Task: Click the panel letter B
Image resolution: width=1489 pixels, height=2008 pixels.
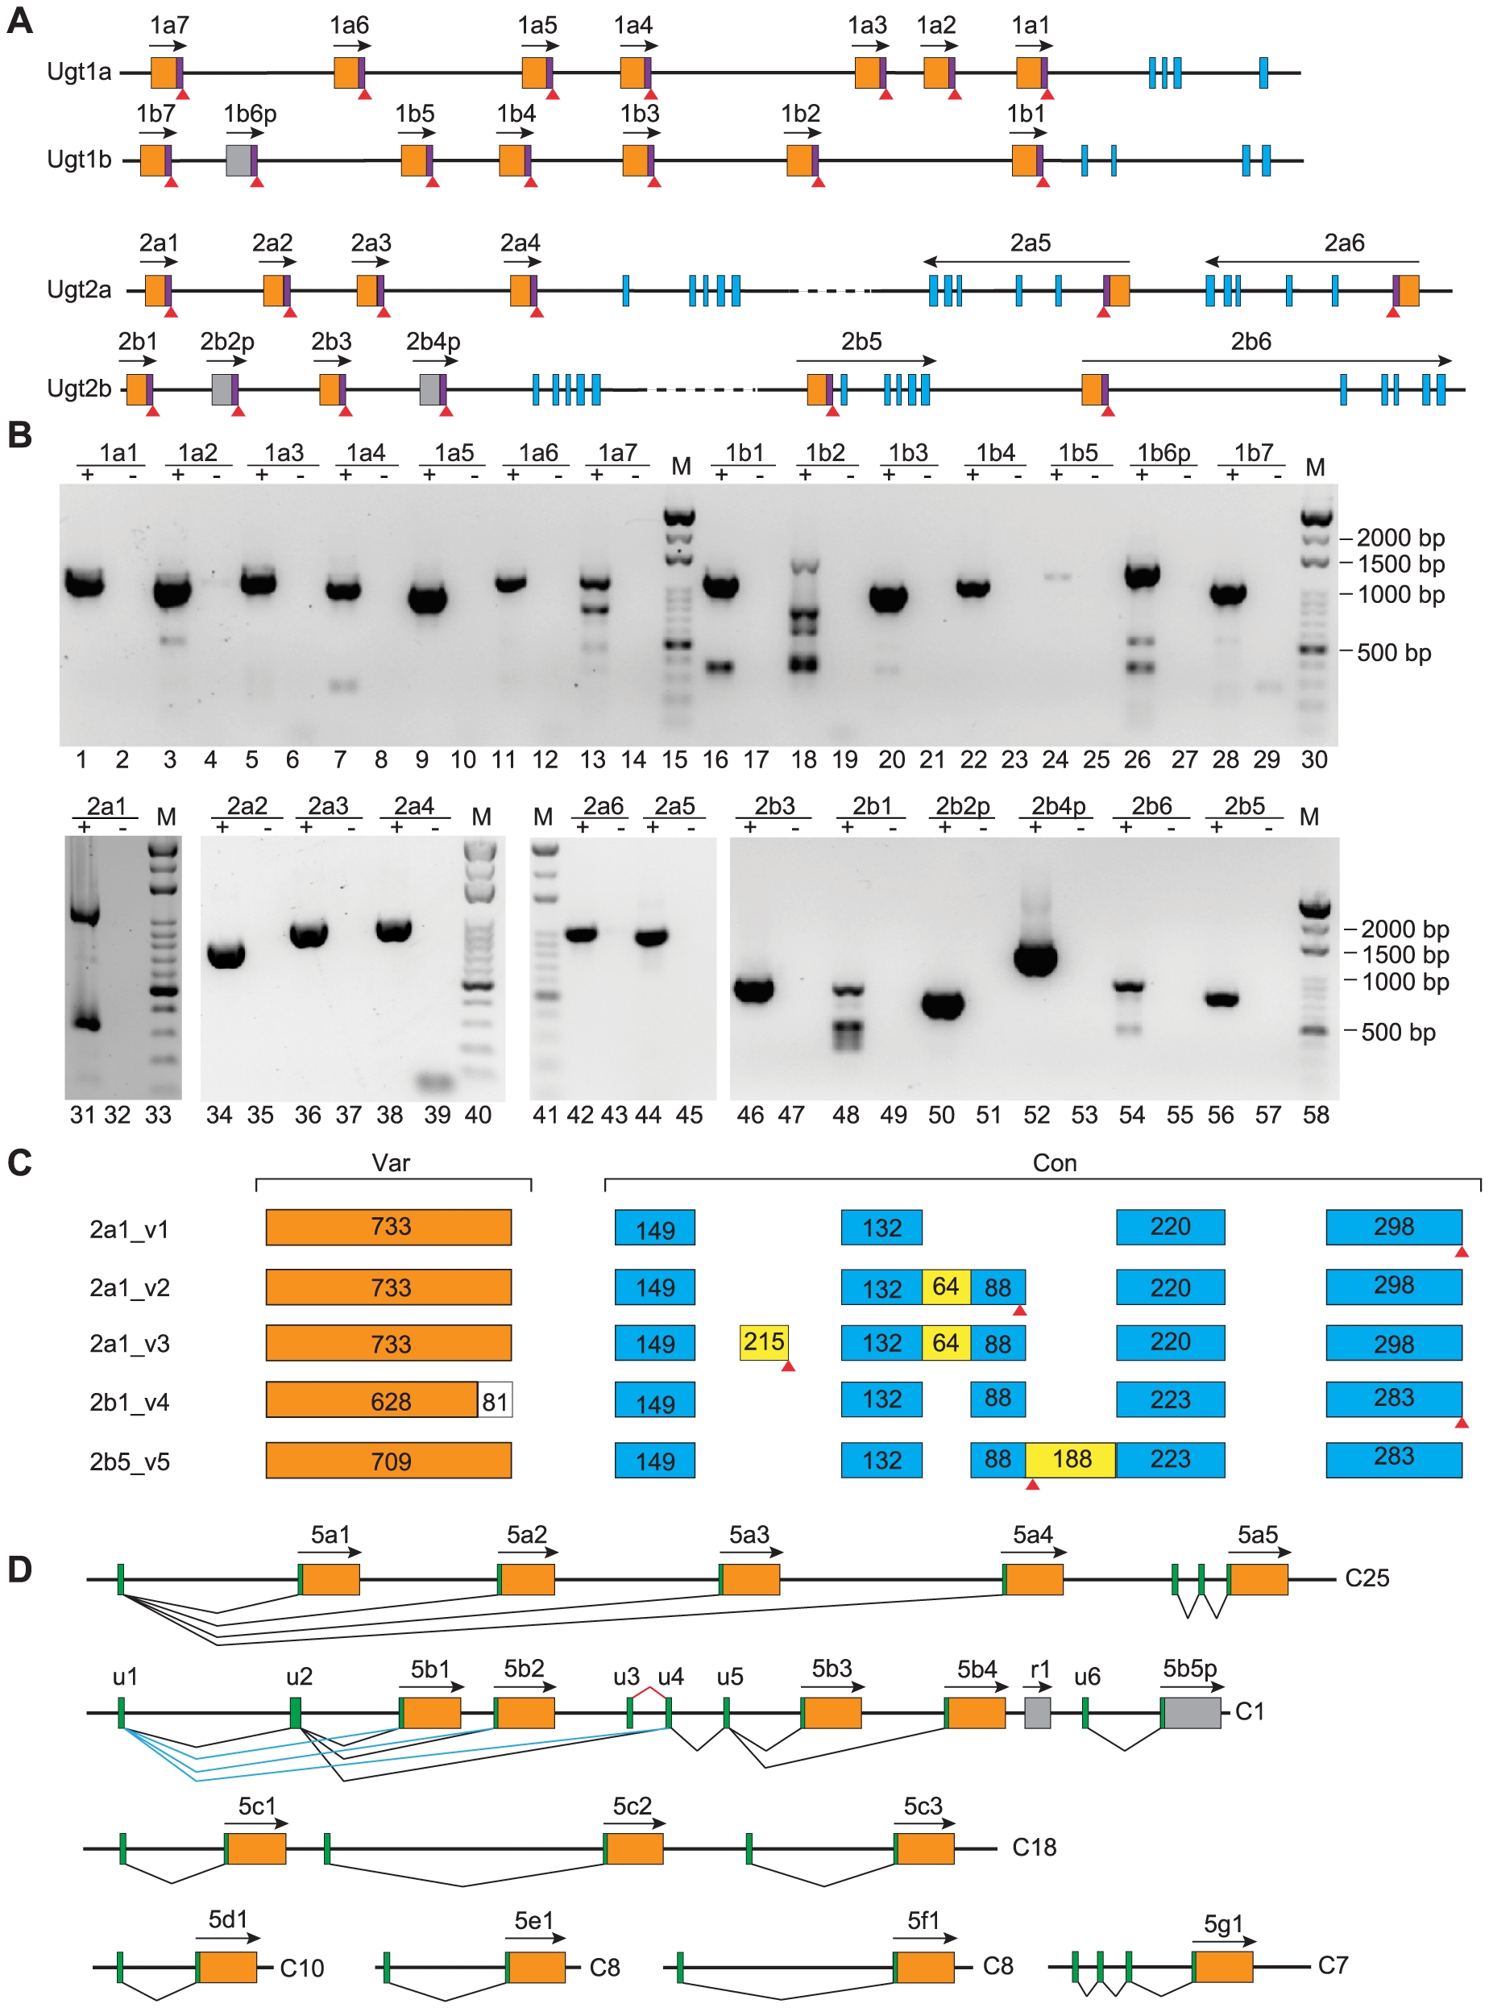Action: (20, 434)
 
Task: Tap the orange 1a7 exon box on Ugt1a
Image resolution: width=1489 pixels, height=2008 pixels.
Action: (163, 72)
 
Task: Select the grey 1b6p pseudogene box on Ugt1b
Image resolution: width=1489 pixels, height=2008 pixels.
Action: (238, 160)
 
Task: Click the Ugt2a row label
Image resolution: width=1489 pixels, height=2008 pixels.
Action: (79, 289)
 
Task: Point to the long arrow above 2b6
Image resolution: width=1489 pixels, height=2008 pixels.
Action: (1267, 360)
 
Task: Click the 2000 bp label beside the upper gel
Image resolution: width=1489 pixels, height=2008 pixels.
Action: (1400, 538)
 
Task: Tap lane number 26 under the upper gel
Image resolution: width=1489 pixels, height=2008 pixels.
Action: (1138, 759)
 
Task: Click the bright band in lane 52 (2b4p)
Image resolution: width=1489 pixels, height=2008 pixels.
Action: (1035, 958)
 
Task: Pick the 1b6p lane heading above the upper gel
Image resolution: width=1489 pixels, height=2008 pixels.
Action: (1163, 453)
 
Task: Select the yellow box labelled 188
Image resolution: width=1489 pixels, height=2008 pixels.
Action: (1071, 1460)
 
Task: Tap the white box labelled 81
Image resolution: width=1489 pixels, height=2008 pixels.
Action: (495, 1400)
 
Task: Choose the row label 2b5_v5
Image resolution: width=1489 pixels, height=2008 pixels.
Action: (130, 1461)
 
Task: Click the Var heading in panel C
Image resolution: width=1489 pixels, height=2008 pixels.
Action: (391, 1163)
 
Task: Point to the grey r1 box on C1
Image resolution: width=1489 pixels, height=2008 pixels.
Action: (1038, 1712)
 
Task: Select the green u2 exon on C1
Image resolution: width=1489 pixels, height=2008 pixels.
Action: (296, 1712)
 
